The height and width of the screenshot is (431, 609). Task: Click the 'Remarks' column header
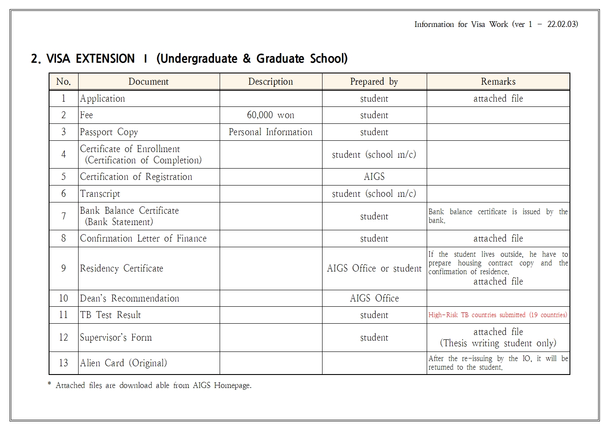(498, 82)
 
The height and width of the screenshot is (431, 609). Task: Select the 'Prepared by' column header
(374, 82)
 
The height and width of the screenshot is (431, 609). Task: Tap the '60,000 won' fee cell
(270, 115)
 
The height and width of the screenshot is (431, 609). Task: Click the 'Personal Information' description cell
(270, 132)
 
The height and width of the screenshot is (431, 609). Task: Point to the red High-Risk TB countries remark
(497, 315)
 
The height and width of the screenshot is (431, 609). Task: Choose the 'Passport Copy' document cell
(109, 132)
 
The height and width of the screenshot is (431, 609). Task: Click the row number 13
(63, 363)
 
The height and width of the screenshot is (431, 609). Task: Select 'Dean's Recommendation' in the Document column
(129, 298)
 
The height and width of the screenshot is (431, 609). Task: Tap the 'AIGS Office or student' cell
(374, 269)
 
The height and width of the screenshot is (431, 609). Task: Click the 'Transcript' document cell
(100, 194)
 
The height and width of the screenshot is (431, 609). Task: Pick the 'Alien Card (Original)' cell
(123, 363)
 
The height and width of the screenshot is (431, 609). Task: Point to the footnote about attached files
(149, 385)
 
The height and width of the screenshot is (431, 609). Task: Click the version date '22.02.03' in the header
(562, 24)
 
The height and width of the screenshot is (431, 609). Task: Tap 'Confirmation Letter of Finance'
(143, 239)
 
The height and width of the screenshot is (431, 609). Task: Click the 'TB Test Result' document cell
(110, 315)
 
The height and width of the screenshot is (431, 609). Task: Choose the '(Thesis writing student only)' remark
(498, 343)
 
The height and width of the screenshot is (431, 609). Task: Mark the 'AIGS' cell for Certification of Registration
(374, 177)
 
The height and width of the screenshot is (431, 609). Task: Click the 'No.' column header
(63, 82)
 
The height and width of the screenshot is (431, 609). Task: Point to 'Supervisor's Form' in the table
(116, 338)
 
